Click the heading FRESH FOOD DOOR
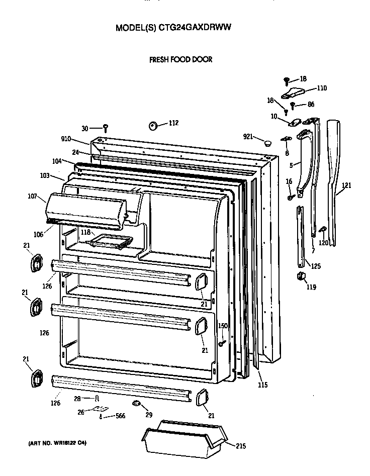[180, 59]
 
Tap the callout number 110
[321, 88]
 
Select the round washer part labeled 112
[153, 125]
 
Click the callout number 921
[248, 137]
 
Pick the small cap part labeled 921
[268, 143]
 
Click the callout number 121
[346, 185]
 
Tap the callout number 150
[223, 326]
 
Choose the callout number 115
[262, 385]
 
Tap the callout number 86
[311, 105]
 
